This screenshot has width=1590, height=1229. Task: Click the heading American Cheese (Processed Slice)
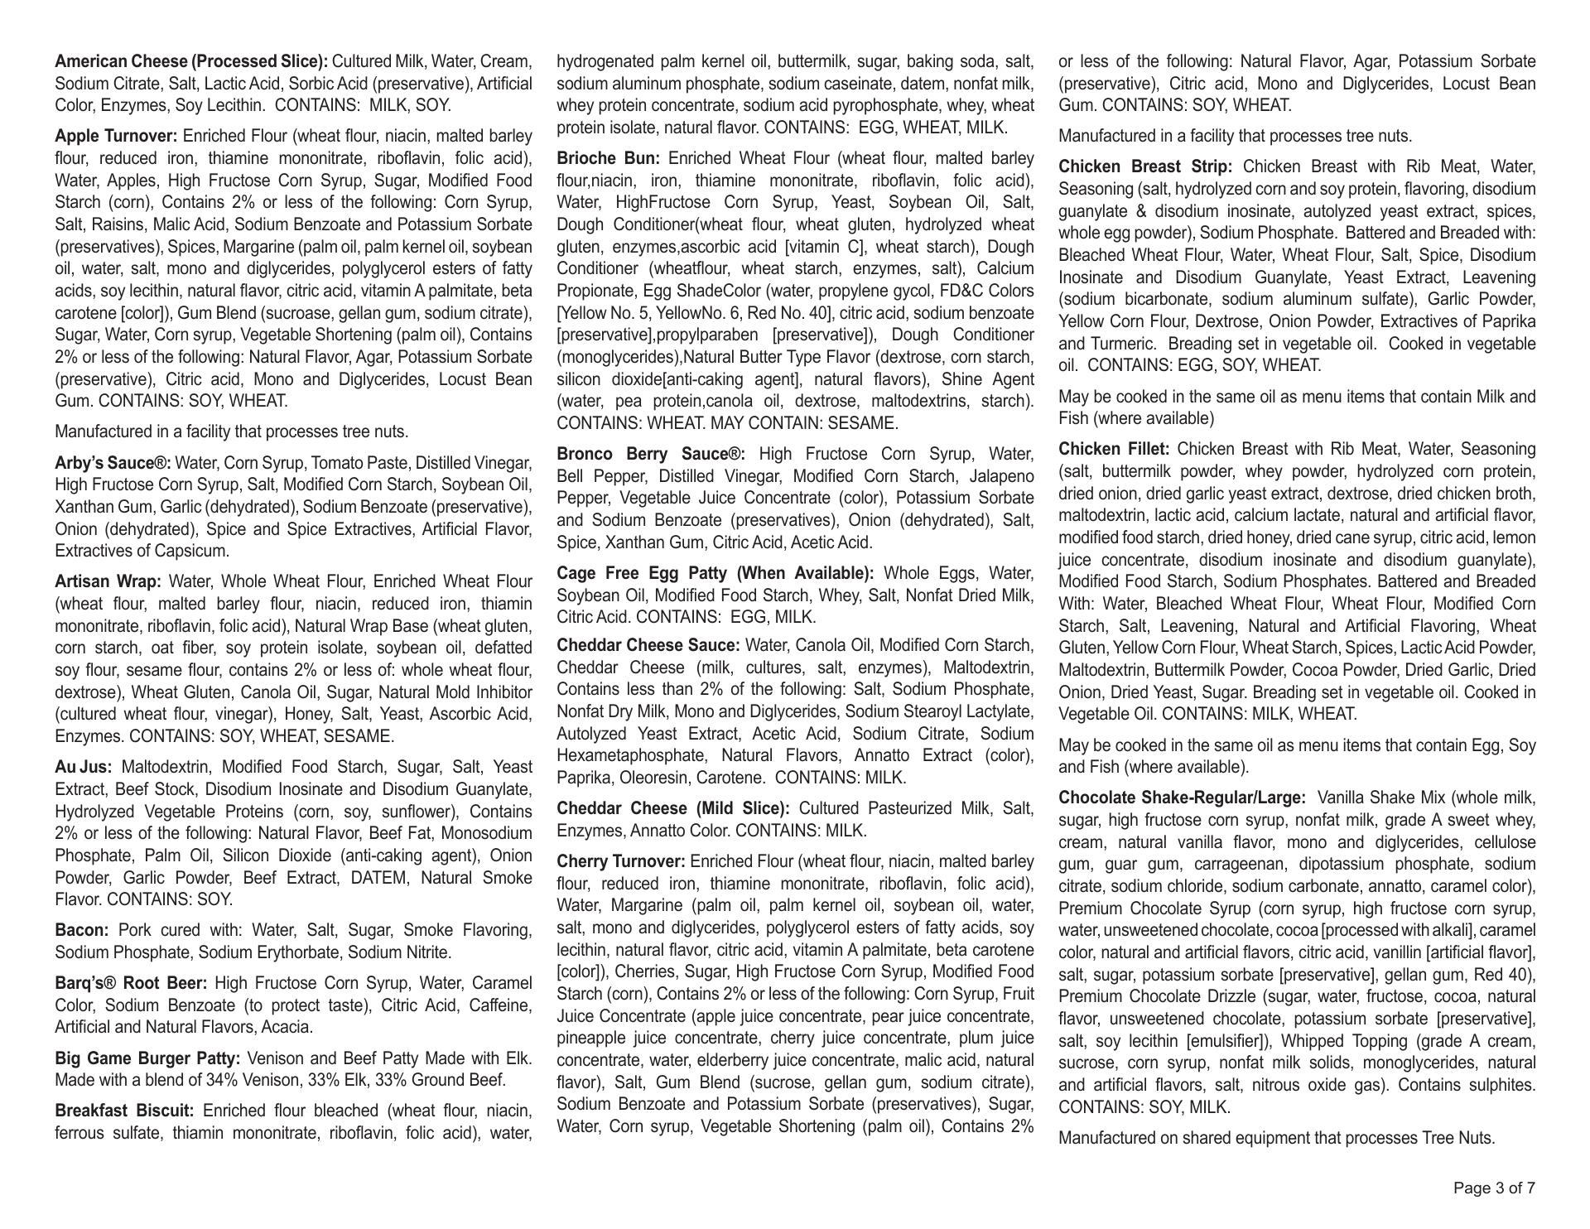(x=191, y=61)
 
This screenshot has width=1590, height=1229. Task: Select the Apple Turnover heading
(x=116, y=136)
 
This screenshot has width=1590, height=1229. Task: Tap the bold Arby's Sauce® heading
(x=113, y=463)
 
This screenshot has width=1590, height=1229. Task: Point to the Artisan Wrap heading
(x=108, y=581)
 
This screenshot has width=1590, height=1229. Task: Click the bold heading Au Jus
(x=83, y=767)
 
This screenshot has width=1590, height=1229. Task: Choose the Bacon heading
(x=81, y=930)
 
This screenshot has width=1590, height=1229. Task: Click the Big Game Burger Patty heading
(x=147, y=1058)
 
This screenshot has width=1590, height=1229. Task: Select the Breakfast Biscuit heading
(x=124, y=1111)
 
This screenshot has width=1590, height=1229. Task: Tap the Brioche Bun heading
(x=609, y=158)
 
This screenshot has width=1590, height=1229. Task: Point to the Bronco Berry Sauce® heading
(x=651, y=454)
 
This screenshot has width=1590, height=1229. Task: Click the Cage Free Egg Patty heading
(x=715, y=573)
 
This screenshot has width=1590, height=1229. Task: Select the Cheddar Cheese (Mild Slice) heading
(x=673, y=808)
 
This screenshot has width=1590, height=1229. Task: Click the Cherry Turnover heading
(x=621, y=861)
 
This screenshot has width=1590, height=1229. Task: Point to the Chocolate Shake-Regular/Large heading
(x=1182, y=798)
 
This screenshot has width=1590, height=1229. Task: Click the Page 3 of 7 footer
(x=1494, y=1188)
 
